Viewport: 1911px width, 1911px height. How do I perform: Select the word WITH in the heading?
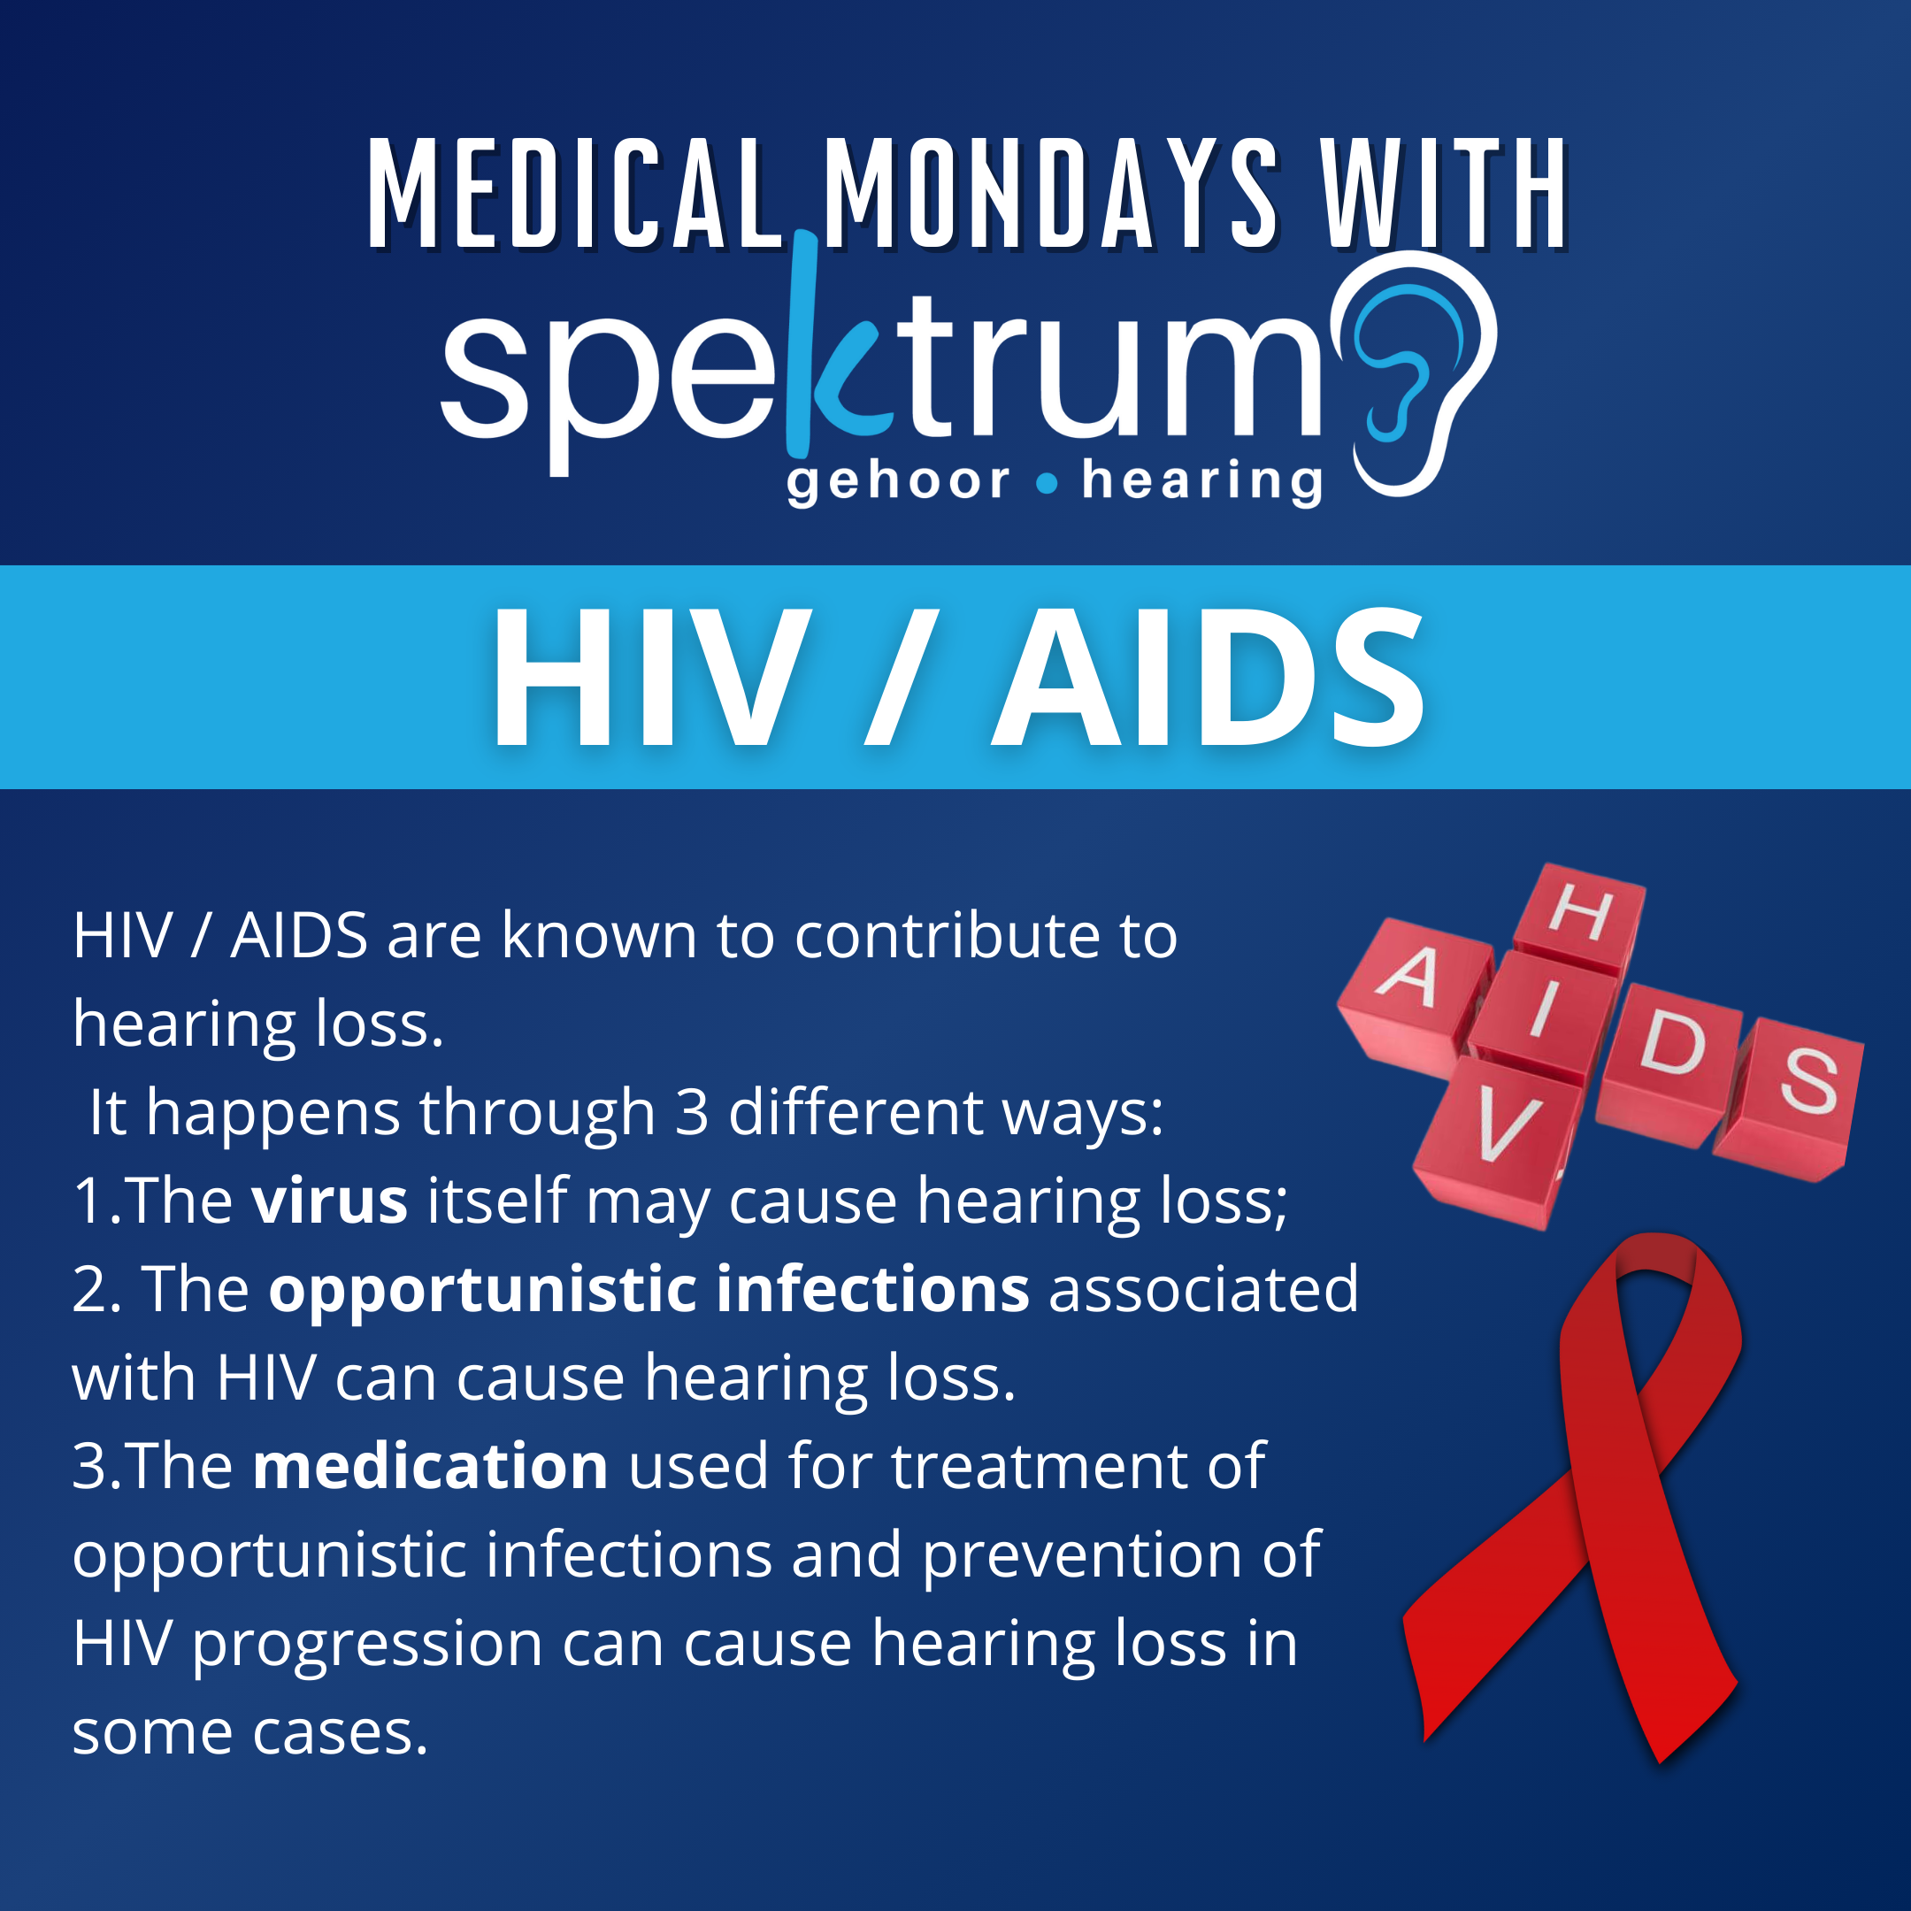tap(1445, 193)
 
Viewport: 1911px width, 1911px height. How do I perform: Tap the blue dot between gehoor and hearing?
tap(1047, 484)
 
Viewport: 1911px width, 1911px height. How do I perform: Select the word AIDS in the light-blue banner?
tap(1208, 678)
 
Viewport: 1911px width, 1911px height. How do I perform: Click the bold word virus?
tap(329, 1201)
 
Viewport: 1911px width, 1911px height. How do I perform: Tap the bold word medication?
tap(430, 1467)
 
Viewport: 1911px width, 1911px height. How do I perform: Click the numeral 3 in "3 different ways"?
tap(693, 1113)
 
